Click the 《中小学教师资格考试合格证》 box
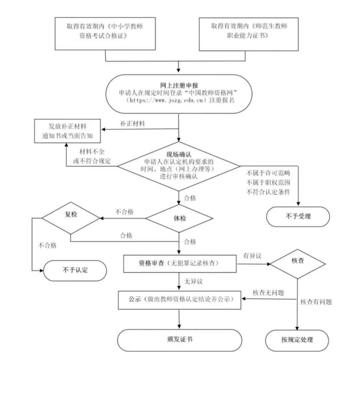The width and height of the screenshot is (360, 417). coord(105,34)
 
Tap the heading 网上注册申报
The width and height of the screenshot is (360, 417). coord(179,85)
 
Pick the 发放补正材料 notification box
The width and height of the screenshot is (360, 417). coord(68,131)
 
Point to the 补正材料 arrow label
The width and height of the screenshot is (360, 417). coord(133,124)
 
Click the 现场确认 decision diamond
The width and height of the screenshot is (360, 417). coord(179,165)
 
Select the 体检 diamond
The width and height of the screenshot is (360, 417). coord(179,219)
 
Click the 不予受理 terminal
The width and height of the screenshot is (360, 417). coord(298,216)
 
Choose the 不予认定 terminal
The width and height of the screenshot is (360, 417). coord(75,270)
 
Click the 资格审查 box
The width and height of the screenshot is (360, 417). coord(179,263)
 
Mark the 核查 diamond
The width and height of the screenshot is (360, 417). coord(297,263)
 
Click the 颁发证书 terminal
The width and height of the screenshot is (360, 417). coord(179,340)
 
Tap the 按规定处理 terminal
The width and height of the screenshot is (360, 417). coord(297,340)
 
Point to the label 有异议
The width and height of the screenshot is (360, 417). coord(252,256)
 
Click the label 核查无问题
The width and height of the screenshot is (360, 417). coord(268,293)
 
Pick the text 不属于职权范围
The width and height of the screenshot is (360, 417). coord(268,182)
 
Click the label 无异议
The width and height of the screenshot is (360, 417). coord(193,282)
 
